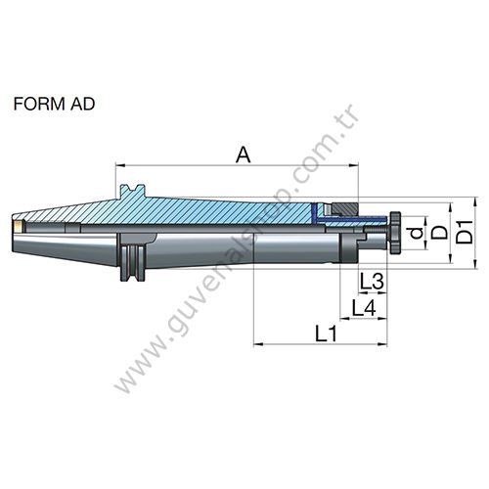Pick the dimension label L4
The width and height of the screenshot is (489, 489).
click(x=365, y=308)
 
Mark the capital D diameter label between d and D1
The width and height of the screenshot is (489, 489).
click(x=441, y=235)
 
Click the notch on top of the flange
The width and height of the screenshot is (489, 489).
click(x=133, y=189)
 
